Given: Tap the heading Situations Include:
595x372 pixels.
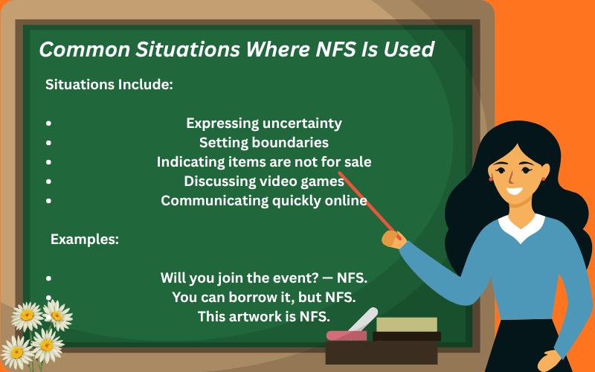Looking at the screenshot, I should tap(109, 84).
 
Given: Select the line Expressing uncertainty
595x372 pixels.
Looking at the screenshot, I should tap(264, 123).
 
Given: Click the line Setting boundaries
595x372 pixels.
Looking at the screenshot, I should tap(264, 142).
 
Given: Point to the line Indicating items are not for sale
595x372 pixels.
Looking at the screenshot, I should tap(264, 161).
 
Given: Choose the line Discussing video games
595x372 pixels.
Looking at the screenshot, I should tap(264, 181).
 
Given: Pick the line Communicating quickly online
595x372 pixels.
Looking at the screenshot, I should tap(264, 200).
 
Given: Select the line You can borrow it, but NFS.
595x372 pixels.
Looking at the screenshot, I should tap(264, 297).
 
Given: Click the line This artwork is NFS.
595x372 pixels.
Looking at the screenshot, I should tap(264, 316).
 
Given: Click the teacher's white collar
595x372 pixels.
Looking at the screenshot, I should tap(521, 225).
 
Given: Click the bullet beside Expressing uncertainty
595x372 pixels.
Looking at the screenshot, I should tap(49, 124).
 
